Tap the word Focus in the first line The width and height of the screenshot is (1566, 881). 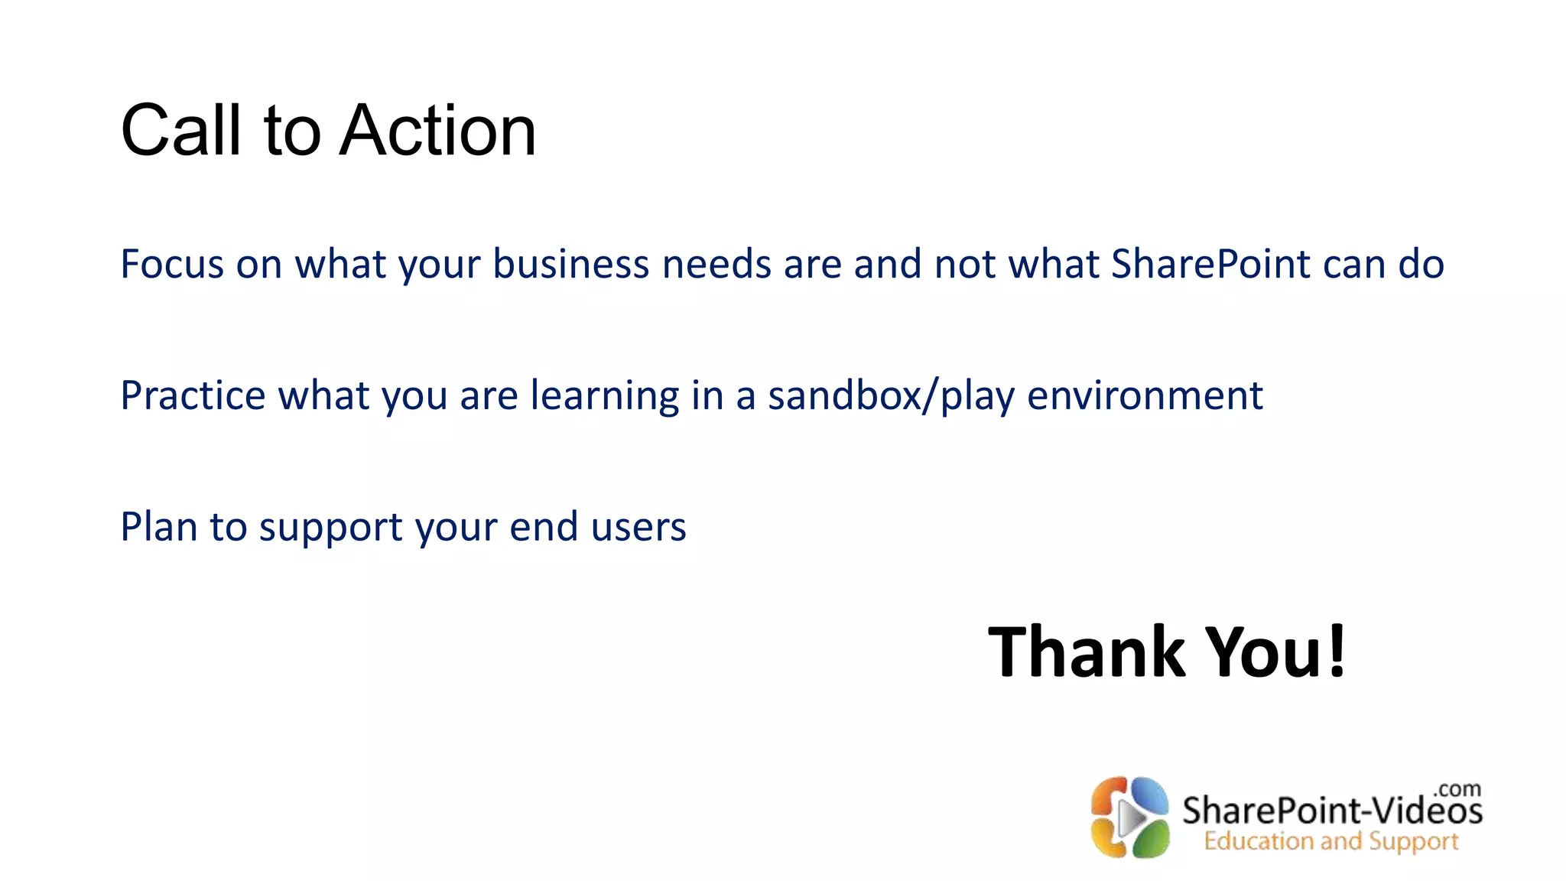172,265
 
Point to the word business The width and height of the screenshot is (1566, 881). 571,265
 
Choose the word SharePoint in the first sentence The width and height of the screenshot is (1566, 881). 1211,265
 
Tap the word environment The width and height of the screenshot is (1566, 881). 1145,396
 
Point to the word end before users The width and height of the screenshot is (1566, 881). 544,528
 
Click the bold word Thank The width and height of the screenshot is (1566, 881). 1087,652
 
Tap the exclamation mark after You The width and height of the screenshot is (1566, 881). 1337,652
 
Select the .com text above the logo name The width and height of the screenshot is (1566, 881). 1457,788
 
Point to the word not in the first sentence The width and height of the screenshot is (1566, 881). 965,265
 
